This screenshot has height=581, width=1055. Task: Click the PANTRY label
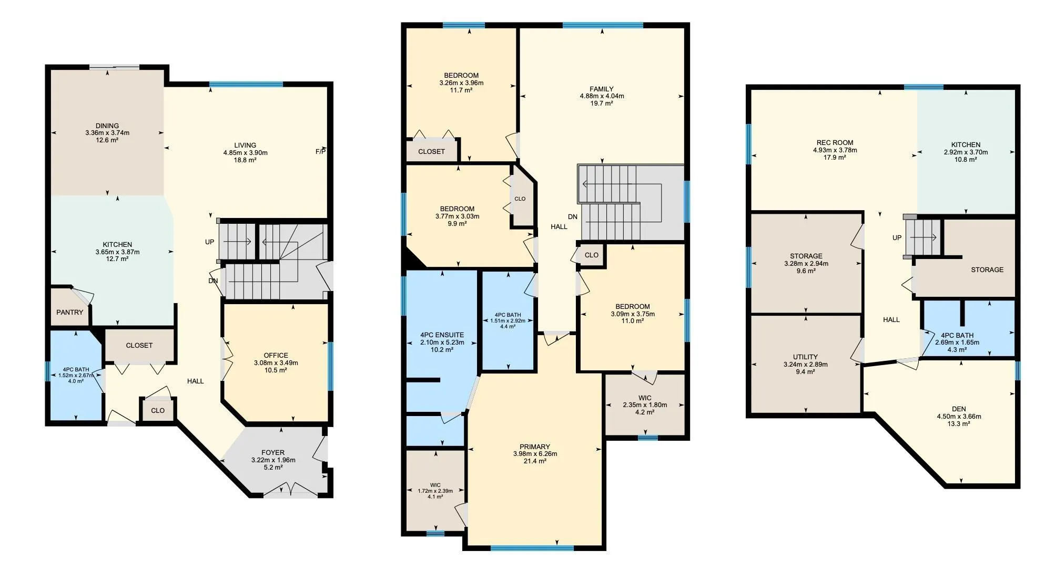70,312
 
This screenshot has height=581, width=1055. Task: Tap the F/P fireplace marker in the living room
320,152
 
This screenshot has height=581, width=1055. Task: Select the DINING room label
107,126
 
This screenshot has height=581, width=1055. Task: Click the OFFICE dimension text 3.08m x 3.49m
276,362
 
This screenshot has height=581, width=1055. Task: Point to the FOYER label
273,452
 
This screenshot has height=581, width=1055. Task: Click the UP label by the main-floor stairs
210,242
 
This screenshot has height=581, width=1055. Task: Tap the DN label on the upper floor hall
573,216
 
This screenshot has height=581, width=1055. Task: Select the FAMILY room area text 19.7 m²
602,103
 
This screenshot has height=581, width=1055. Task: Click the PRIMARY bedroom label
535,447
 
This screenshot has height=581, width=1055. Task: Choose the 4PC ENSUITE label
442,335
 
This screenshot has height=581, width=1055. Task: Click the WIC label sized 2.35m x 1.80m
645,398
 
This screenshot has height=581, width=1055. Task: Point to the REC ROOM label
835,142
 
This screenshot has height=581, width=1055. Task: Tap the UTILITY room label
805,357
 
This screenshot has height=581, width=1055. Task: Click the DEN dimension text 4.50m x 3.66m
959,417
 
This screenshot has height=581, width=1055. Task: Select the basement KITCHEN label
966,144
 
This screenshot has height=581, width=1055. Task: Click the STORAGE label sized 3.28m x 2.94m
806,256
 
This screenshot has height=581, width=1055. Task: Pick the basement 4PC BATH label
957,335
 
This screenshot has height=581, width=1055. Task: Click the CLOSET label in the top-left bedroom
431,151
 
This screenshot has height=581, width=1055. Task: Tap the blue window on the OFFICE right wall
330,366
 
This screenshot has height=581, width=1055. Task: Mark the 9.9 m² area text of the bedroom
457,223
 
